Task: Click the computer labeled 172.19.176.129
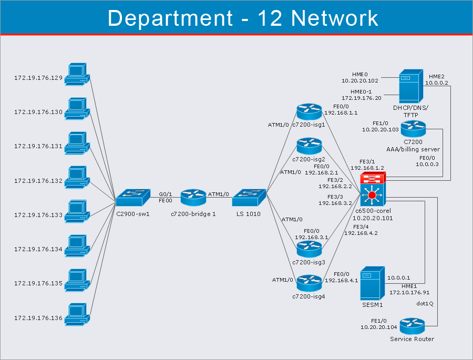77,75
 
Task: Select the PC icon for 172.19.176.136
77,314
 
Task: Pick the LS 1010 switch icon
249,198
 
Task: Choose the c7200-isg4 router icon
309,283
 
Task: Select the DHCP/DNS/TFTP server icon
410,86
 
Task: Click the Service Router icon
412,325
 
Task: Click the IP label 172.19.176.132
38,181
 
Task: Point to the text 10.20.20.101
373,218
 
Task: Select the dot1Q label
425,303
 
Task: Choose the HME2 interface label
437,76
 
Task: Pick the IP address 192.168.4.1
341,281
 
